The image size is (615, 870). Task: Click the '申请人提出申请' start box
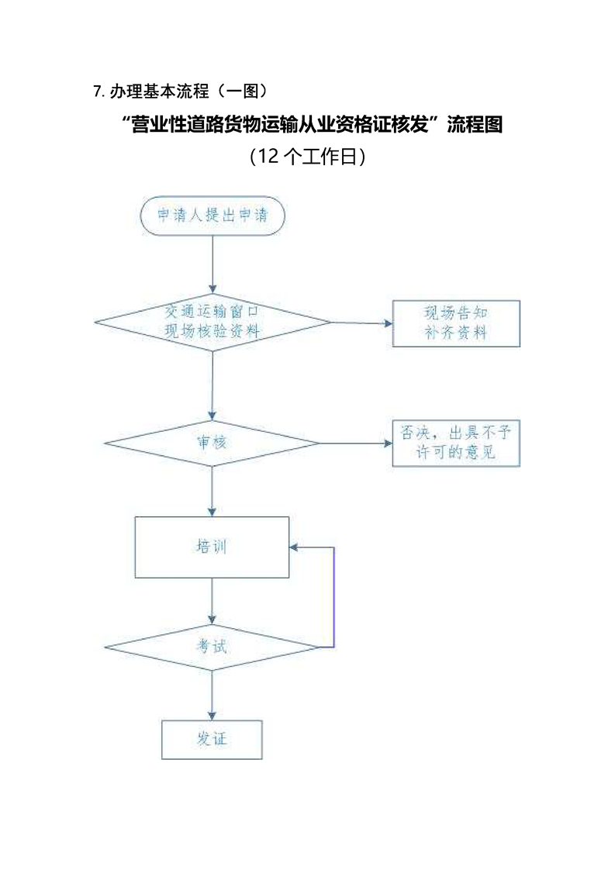coord(212,216)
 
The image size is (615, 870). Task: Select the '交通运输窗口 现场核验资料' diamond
coord(212,322)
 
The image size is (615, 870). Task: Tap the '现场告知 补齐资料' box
coord(456,323)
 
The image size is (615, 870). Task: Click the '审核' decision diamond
coord(212,444)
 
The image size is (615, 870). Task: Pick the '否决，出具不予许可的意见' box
coord(456,443)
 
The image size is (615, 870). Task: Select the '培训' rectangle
coord(212,547)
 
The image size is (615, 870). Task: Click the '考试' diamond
coord(212,645)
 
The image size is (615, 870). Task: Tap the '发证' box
coord(212,739)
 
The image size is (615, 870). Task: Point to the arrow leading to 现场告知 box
coord(361,323)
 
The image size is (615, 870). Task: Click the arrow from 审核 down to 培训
coord(212,492)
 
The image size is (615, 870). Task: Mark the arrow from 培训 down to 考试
coord(212,601)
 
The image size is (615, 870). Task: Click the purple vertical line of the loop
coord(333,597)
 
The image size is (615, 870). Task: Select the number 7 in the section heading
coord(97,91)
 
